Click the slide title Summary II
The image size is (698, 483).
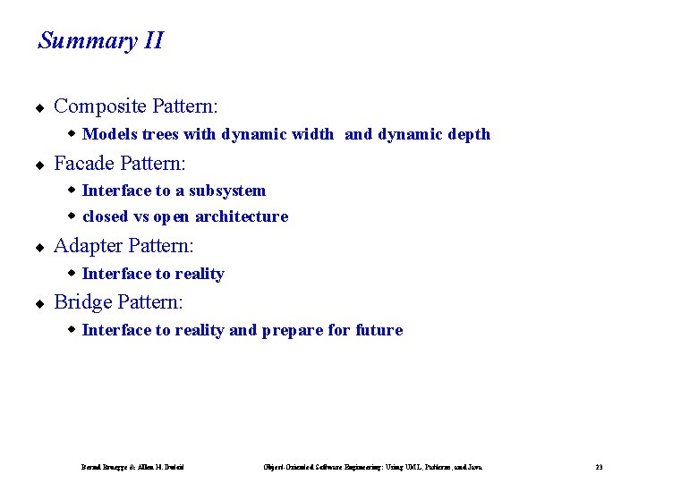point(100,41)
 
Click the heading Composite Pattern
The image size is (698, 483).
point(136,106)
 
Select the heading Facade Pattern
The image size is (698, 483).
point(120,164)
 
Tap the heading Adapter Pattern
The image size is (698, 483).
point(123,246)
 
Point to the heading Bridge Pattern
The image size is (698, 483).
point(118,302)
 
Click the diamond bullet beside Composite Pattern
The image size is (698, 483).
point(39,108)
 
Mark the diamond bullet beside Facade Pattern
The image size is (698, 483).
point(39,165)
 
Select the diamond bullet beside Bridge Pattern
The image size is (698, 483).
point(39,304)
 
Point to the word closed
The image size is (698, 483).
point(105,216)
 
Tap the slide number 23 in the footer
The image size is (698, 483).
point(599,467)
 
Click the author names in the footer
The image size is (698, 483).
point(133,467)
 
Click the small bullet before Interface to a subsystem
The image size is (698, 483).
point(72,190)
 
